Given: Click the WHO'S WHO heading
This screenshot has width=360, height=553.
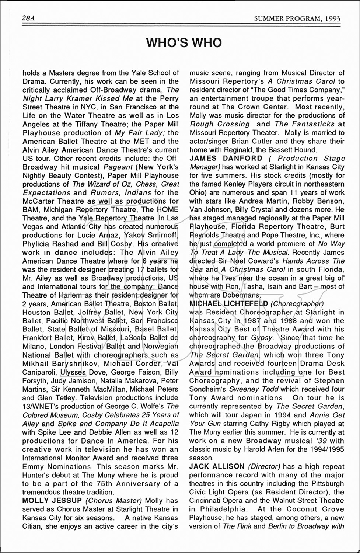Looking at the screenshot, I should [184, 43].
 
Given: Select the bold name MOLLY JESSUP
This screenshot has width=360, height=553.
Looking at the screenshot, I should [52, 501].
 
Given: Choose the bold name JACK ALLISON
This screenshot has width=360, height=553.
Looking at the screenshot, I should [217, 466].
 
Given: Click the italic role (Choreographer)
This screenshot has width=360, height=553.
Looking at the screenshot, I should [297, 303].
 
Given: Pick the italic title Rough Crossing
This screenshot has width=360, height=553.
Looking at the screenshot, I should [220, 124].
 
